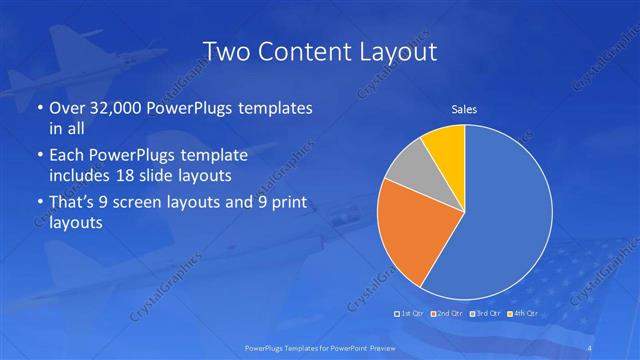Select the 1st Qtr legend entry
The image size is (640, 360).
pos(412,314)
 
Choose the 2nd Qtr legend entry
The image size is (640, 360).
pos(447,314)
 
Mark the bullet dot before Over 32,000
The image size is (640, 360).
pos(38,108)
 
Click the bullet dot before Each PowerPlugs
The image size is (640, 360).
pos(38,156)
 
